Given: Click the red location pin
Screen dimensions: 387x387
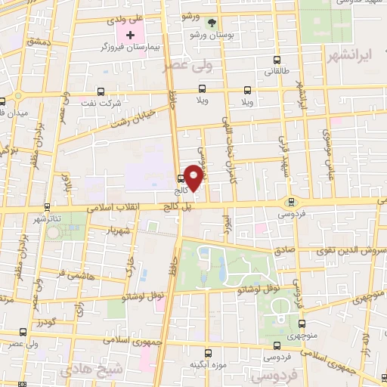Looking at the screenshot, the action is [x=194, y=177].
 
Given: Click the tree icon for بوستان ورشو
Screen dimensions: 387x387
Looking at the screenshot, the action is [x=212, y=23].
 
